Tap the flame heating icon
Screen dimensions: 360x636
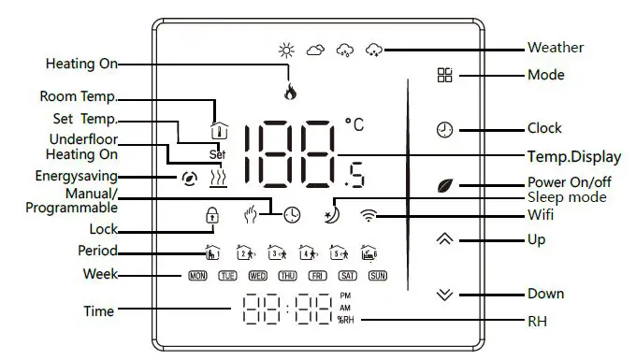tap(289, 92)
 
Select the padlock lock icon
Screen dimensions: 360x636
tap(211, 214)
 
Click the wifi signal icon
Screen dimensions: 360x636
tap(372, 215)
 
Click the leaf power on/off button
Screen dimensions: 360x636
tap(445, 184)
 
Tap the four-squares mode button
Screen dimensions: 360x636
tap(445, 76)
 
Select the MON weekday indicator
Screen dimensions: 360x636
tap(197, 276)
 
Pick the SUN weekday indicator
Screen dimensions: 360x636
tap(377, 276)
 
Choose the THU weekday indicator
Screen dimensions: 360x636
tap(287, 276)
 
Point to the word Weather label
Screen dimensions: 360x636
tap(556, 48)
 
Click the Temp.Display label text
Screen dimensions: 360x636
tap(568, 155)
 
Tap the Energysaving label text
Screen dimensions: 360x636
tap(77, 175)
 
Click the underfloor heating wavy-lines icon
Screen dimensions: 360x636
tap(218, 175)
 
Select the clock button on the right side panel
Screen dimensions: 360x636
tap(445, 129)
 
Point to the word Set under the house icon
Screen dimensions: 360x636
tap(217, 154)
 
